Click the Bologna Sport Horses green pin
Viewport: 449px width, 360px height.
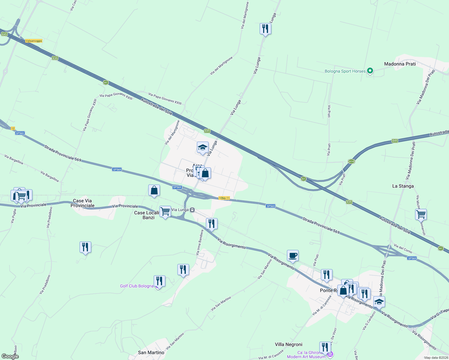tap(370, 71)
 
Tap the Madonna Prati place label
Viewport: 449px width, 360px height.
tap(400, 64)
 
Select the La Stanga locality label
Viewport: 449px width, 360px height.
tap(403, 186)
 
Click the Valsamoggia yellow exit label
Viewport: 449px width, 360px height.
tap(34, 41)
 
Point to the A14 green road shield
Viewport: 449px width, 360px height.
tap(351, 161)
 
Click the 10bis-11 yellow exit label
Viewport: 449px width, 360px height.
tap(224, 198)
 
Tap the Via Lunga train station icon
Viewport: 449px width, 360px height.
tap(192, 210)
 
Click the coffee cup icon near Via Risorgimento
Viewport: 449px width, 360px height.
tap(293, 256)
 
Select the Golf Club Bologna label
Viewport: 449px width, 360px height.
tap(137, 286)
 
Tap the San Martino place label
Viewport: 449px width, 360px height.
tap(151, 352)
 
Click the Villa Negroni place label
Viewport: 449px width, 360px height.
tap(288, 344)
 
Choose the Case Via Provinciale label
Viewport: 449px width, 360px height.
tap(82, 203)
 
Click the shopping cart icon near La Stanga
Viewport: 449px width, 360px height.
tap(421, 214)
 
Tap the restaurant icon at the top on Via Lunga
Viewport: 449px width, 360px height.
tap(265, 29)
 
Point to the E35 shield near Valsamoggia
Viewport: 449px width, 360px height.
tap(55, 58)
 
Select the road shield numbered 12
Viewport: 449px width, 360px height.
tap(13, 128)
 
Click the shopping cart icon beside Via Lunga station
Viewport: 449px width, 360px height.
tap(165, 211)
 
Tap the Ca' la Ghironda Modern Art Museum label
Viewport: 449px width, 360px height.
tap(306, 355)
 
